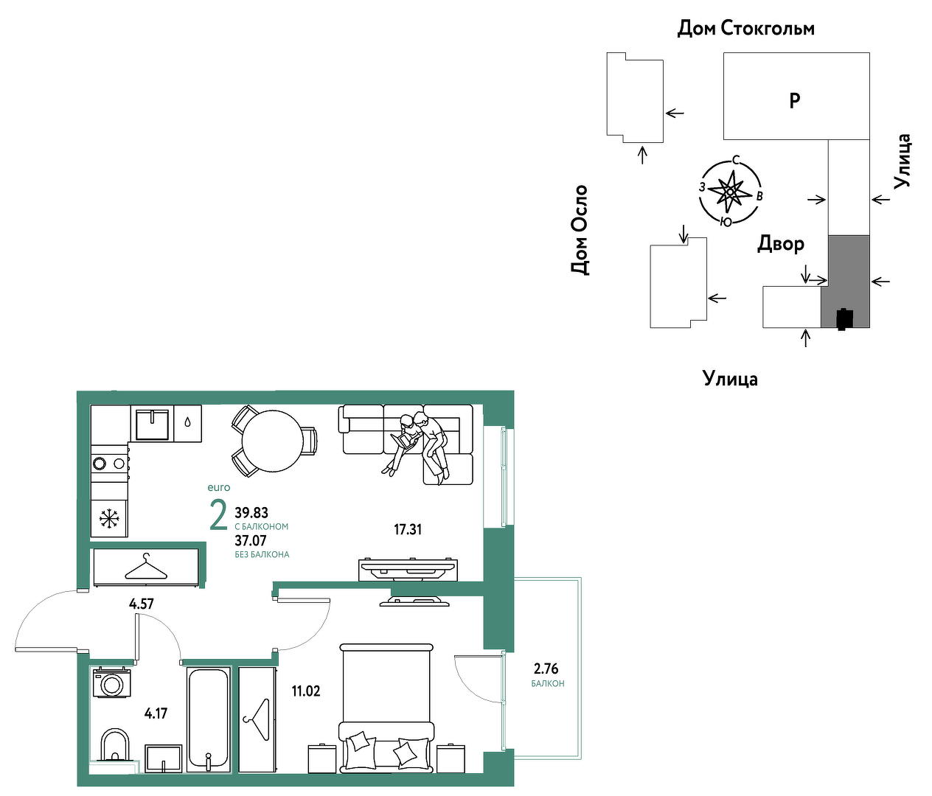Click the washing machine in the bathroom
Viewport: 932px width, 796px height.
point(111,683)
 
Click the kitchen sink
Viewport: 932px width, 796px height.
point(152,424)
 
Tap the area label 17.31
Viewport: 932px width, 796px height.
point(408,529)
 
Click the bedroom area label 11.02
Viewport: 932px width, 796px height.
point(306,691)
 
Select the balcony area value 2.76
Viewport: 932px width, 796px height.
point(546,668)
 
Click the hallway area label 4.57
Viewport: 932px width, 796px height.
point(142,604)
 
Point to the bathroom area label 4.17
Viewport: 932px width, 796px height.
point(156,713)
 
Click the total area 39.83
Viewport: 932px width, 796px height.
point(251,513)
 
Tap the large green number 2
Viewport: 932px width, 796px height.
point(219,516)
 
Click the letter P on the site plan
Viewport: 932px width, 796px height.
point(795,100)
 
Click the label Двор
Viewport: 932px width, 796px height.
point(781,244)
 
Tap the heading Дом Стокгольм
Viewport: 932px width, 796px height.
point(746,29)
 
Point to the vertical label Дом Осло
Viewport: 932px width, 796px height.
point(580,230)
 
